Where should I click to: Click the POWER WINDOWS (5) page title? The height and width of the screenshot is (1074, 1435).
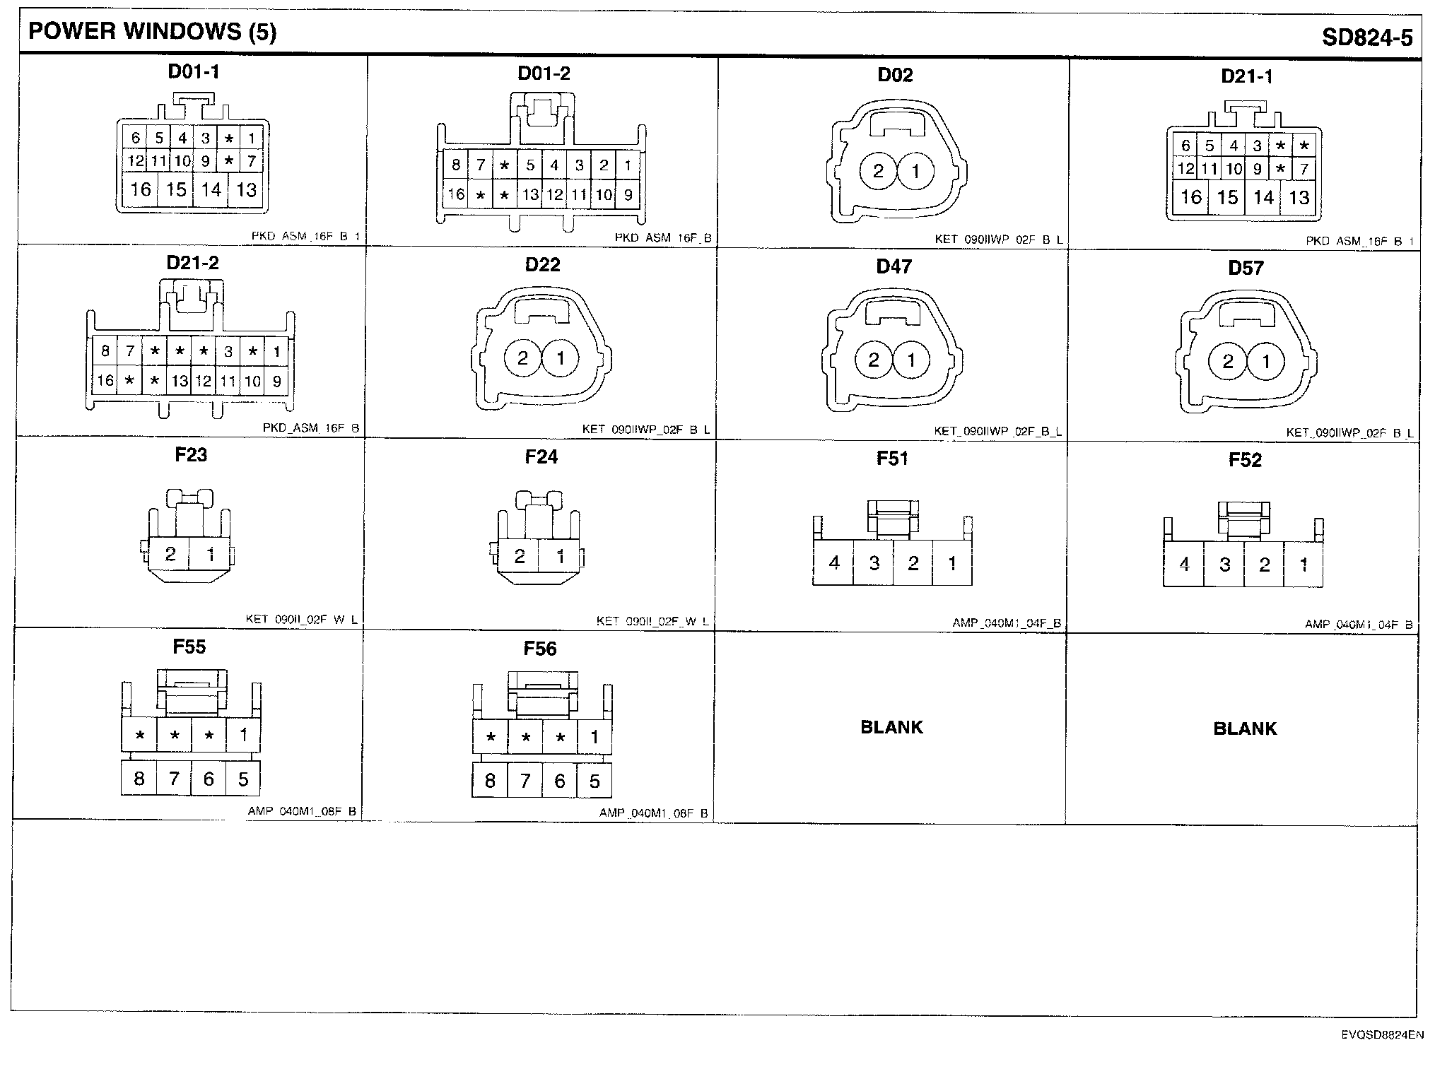(152, 33)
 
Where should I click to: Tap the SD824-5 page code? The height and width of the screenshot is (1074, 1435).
(1367, 37)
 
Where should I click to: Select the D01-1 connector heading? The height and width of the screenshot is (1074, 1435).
(193, 71)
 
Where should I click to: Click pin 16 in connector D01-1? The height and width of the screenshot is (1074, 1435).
(141, 189)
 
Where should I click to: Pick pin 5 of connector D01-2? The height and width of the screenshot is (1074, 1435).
(530, 165)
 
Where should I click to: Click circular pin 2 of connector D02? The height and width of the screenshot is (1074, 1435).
(879, 171)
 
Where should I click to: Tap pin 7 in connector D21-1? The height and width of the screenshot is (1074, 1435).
(1304, 169)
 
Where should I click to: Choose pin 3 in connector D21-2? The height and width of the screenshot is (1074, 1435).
(228, 351)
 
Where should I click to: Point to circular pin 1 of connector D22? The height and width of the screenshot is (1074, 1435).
(561, 358)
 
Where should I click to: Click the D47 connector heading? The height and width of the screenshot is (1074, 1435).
(894, 266)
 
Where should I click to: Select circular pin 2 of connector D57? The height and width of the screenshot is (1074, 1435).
(1228, 362)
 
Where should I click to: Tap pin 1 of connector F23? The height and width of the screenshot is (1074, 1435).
(210, 555)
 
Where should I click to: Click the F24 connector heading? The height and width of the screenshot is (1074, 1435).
(541, 457)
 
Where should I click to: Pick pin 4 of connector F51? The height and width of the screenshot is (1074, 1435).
(834, 563)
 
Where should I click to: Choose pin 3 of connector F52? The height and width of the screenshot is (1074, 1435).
(1225, 565)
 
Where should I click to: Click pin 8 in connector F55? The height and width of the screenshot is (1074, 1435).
(139, 779)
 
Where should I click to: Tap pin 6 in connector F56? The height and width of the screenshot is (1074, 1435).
(560, 781)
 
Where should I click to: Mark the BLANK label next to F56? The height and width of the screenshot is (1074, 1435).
(891, 727)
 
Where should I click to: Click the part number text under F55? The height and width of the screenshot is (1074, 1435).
(302, 811)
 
